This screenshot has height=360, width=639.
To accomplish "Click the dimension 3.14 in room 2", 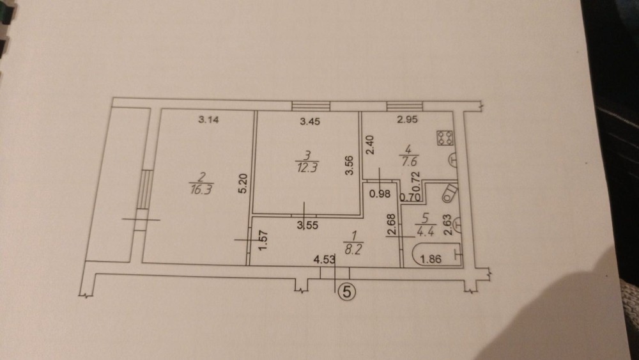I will point(209,119).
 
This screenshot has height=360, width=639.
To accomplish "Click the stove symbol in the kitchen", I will point(445,137).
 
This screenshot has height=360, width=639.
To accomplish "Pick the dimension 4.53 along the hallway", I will point(324,260).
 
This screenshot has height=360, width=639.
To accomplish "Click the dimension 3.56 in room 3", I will point(349,166).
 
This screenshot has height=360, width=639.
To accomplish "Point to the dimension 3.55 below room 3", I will point(311,225).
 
